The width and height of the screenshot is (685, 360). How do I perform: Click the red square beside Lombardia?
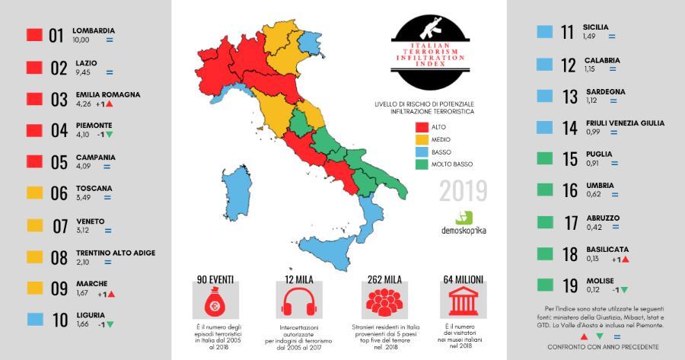click(x=33, y=35)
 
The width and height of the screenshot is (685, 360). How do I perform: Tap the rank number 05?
click(x=59, y=162)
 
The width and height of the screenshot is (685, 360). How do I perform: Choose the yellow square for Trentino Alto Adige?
click(x=33, y=256)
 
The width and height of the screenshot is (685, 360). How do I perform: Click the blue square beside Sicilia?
click(x=543, y=32)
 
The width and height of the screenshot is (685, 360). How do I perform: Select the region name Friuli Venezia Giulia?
click(x=623, y=123)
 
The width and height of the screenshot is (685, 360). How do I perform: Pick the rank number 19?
click(x=569, y=287)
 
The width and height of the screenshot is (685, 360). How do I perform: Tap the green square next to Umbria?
click(x=543, y=190)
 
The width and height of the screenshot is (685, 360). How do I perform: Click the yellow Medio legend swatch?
click(x=422, y=140)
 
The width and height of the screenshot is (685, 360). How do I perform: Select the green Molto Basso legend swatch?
click(x=422, y=164)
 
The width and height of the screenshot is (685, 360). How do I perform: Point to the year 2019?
click(x=463, y=191)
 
